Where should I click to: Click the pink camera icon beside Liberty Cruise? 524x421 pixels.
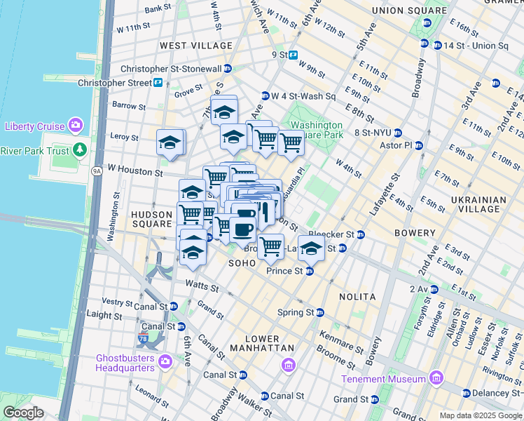tap(76, 126)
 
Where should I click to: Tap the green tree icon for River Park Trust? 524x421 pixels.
tap(80, 150)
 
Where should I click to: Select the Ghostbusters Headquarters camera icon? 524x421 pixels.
tap(165, 361)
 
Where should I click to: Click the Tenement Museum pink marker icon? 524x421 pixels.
tap(436, 379)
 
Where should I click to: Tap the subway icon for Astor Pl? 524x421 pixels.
tap(419, 146)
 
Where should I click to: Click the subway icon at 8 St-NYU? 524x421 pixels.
tap(397, 133)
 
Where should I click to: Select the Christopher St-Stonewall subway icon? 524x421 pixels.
tap(228, 69)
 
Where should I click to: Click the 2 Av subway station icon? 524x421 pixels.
tap(434, 289)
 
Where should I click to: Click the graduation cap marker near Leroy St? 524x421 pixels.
tap(169, 142)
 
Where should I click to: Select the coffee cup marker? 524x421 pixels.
tap(243, 228)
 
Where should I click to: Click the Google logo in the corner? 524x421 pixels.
tap(23, 413)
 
